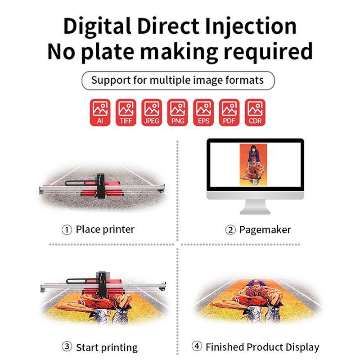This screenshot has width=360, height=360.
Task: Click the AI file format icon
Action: pyautogui.click(x=100, y=112)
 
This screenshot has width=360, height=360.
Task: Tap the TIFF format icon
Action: pyautogui.click(x=126, y=112)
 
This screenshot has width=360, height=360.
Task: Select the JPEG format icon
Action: pyautogui.click(x=152, y=112)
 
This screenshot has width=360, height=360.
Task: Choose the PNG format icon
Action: pyautogui.click(x=177, y=112)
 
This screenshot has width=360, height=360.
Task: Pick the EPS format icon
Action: pyautogui.click(x=203, y=112)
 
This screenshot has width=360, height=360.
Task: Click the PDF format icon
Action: pyautogui.click(x=229, y=112)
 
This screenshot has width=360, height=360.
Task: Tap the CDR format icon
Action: pyautogui.click(x=255, y=112)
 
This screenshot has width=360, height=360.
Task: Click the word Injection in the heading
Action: pyautogui.click(x=251, y=27)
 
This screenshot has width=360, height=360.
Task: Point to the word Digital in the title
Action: pyautogui.click(x=97, y=27)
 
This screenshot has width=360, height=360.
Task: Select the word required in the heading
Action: pyautogui.click(x=268, y=52)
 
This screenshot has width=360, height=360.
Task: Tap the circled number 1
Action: pyautogui.click(x=67, y=229)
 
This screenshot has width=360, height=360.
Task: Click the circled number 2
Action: pyautogui.click(x=230, y=230)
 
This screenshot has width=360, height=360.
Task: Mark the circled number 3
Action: pyautogui.click(x=67, y=346)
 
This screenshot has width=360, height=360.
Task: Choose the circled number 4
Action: pyautogui.click(x=197, y=346)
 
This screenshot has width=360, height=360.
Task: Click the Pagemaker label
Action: pyautogui.click(x=265, y=230)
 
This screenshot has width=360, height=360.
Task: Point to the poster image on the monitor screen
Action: pyautogui.click(x=253, y=165)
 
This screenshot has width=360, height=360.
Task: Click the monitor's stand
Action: pyautogui.click(x=255, y=207)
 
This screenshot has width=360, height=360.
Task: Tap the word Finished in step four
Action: pyautogui.click(x=225, y=347)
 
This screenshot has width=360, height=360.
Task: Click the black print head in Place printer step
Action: pyautogui.click(x=101, y=186)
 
